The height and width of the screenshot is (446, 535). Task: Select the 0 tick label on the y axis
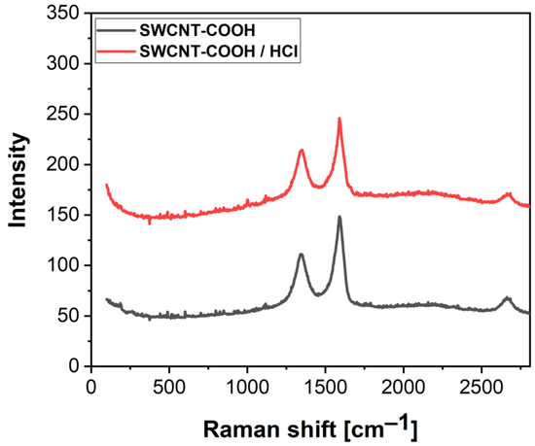tap(71, 366)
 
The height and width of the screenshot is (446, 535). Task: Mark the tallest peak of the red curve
tap(339, 119)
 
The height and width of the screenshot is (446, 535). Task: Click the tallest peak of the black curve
tap(339, 217)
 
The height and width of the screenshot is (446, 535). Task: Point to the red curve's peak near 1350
tap(302, 150)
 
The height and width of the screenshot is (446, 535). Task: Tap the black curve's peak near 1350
tap(302, 255)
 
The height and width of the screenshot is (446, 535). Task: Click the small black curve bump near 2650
tap(507, 298)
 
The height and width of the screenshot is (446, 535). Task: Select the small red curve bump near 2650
tap(507, 194)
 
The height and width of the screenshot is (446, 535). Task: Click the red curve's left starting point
tap(106, 185)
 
